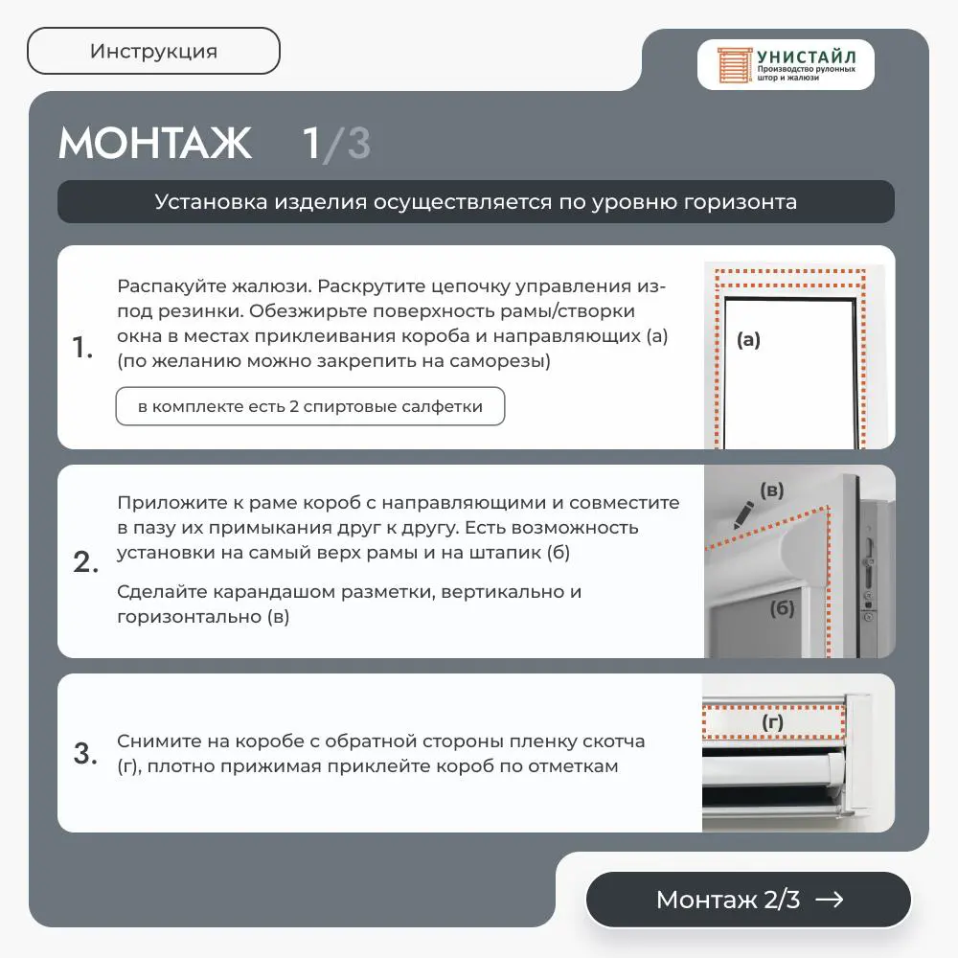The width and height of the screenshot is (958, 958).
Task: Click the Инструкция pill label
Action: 153,52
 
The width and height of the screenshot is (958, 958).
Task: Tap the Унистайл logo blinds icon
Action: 734,65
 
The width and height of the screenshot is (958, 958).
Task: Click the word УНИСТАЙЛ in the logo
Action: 807,57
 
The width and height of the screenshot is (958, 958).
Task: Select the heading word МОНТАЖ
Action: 155,144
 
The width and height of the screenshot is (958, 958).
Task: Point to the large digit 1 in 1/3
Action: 312,144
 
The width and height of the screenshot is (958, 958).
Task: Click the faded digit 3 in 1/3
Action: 358,144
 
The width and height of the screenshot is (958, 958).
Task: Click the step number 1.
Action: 82,347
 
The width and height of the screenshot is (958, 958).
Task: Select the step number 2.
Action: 85,561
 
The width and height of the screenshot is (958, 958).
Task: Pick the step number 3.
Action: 85,753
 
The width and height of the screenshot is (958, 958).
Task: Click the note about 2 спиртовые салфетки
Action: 310,406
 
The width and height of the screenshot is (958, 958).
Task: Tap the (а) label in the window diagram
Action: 748,340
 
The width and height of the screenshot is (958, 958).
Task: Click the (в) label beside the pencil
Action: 771,490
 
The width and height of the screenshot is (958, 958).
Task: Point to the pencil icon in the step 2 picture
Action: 743,515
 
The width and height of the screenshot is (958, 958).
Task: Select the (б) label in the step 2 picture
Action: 782,608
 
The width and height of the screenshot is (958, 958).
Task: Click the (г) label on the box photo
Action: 772,722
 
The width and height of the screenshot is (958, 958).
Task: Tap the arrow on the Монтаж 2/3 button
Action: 830,900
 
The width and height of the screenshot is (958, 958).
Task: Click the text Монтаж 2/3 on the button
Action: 728,900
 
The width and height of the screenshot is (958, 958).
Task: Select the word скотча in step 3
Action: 613,741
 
